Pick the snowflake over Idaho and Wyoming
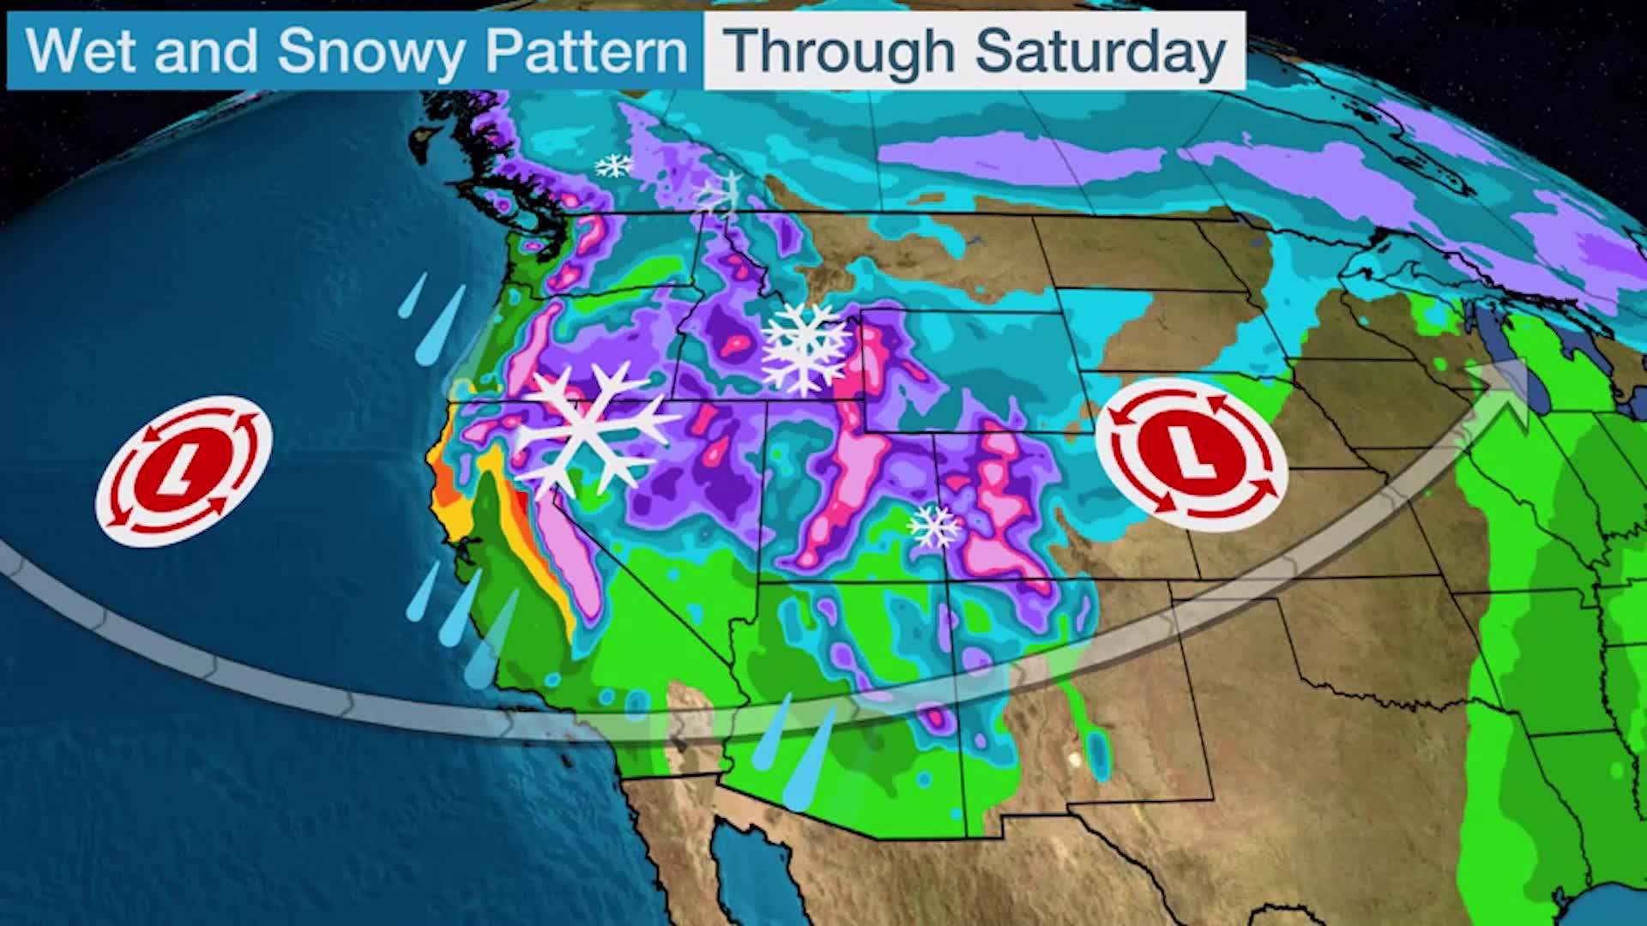804,347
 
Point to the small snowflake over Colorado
934,526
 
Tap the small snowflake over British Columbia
614,165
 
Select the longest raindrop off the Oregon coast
440,326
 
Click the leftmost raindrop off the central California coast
422,592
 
